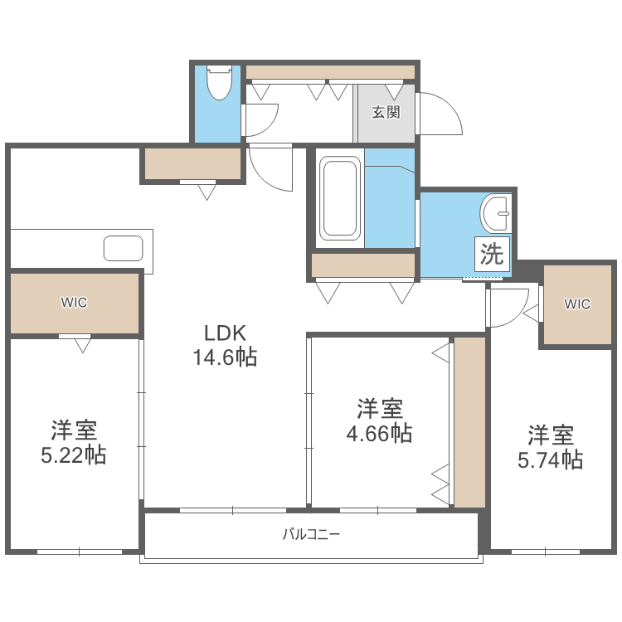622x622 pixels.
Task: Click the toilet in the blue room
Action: (219, 82)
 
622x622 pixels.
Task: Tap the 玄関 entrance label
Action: (386, 112)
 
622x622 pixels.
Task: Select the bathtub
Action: (340, 198)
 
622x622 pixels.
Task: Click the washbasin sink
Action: (496, 214)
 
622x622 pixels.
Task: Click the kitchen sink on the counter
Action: (123, 248)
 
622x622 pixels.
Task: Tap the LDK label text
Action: (226, 333)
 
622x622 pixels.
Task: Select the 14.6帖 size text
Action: (226, 357)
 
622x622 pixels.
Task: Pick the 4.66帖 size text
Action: (380, 433)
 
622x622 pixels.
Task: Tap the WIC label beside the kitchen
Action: (74, 303)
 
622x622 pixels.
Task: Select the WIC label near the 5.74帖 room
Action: (577, 304)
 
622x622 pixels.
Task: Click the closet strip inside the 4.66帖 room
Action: (469, 421)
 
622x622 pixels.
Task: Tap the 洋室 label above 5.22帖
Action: (74, 430)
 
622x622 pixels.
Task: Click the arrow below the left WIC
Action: (81, 345)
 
